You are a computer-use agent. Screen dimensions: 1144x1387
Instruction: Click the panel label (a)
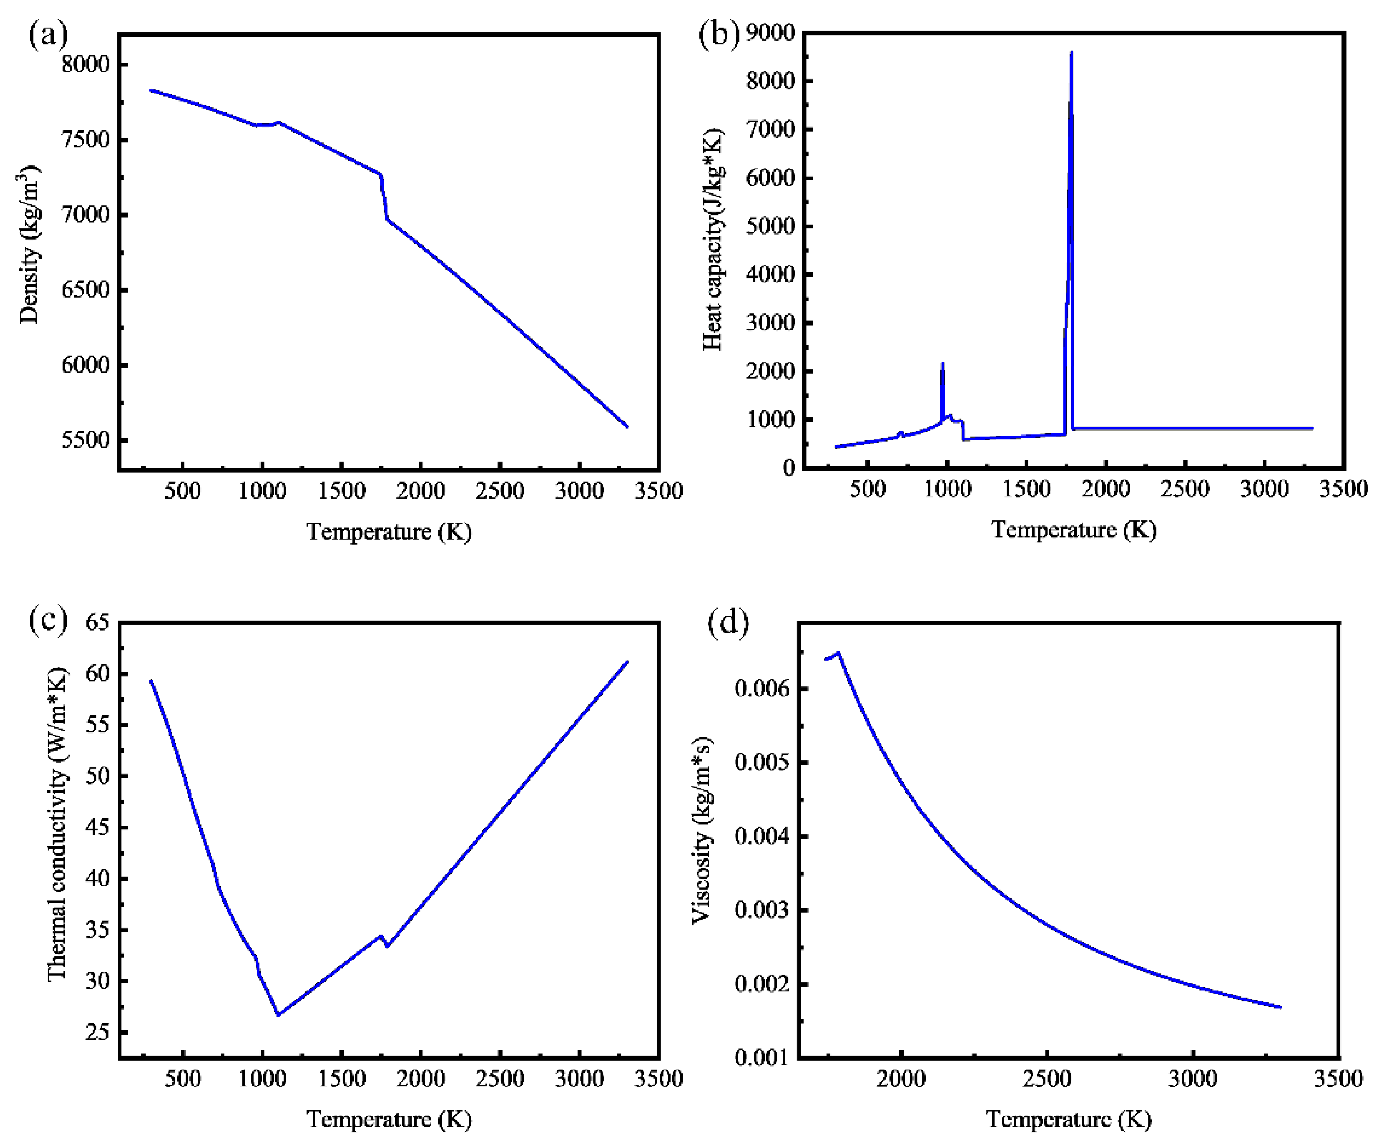pos(48,34)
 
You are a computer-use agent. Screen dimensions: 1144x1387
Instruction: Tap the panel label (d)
pos(728,623)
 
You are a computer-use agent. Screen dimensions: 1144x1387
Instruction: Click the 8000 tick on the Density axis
pos(85,65)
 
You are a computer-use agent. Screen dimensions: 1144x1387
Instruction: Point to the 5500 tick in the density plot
pos(85,440)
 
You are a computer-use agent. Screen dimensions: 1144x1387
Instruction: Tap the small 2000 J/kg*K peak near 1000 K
pos(942,363)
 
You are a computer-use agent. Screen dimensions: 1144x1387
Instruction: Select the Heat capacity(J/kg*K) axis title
pos(713,239)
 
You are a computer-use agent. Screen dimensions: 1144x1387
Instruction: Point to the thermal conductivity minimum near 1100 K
pos(278,1015)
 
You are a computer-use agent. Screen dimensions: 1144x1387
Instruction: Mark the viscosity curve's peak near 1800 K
pos(838,653)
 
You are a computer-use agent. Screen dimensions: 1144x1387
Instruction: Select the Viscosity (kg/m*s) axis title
pos(702,830)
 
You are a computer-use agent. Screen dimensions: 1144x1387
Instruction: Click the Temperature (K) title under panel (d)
pos(1068,1119)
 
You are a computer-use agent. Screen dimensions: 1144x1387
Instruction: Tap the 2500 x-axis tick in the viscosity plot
pos(1047,1079)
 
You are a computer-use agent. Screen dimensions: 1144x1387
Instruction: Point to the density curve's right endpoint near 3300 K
pos(628,426)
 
